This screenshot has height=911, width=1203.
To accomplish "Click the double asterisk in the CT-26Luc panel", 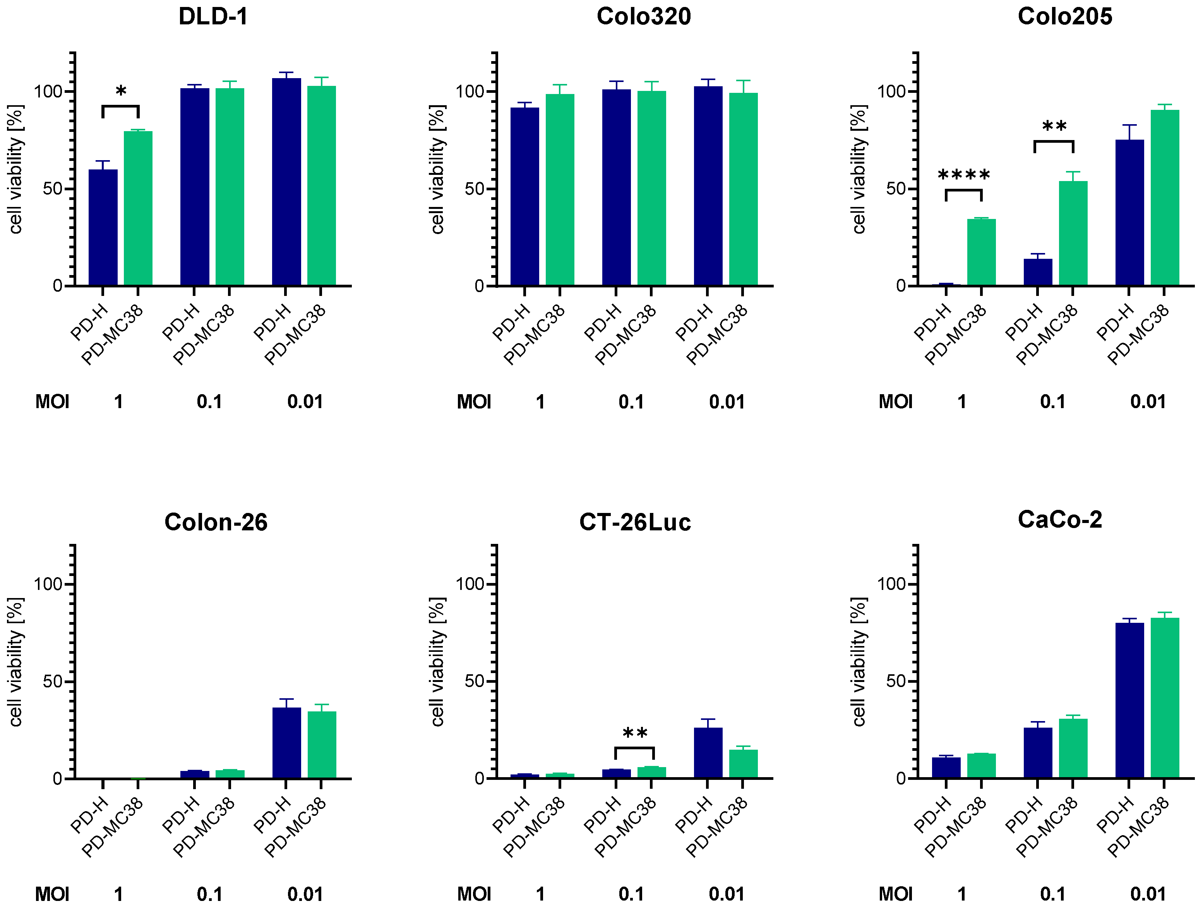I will point(635,734).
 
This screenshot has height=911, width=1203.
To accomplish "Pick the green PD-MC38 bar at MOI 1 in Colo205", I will point(981,252).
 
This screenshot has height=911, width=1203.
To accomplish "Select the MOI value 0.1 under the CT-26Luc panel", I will point(631,894).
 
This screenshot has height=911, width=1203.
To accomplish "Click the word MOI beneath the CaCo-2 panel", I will point(895,894).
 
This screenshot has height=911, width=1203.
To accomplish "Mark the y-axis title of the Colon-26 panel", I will point(15,662).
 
